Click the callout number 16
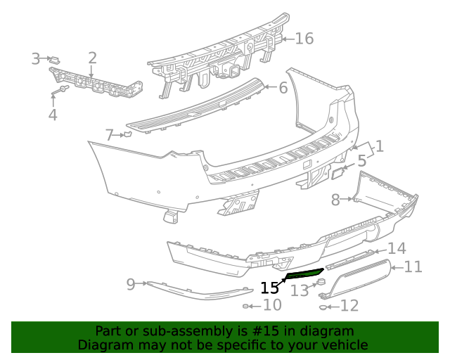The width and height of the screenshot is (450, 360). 304,38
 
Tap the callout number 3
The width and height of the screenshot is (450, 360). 36,59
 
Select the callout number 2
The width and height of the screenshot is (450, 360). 92,58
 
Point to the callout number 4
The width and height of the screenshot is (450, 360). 53,115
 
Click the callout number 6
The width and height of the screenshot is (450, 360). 283,88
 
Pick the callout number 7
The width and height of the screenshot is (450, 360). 109,134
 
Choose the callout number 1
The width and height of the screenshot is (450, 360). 379,146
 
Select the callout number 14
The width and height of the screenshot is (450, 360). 397,248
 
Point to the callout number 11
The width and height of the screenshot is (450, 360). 413,266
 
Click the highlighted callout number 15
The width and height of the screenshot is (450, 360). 269,288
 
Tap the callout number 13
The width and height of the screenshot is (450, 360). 300,290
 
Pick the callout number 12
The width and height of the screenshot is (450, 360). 349,306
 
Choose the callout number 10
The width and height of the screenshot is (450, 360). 272,305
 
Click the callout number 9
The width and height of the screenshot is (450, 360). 131,284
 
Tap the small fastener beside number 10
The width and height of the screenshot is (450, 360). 247,306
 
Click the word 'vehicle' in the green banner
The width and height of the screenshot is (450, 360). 342,345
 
